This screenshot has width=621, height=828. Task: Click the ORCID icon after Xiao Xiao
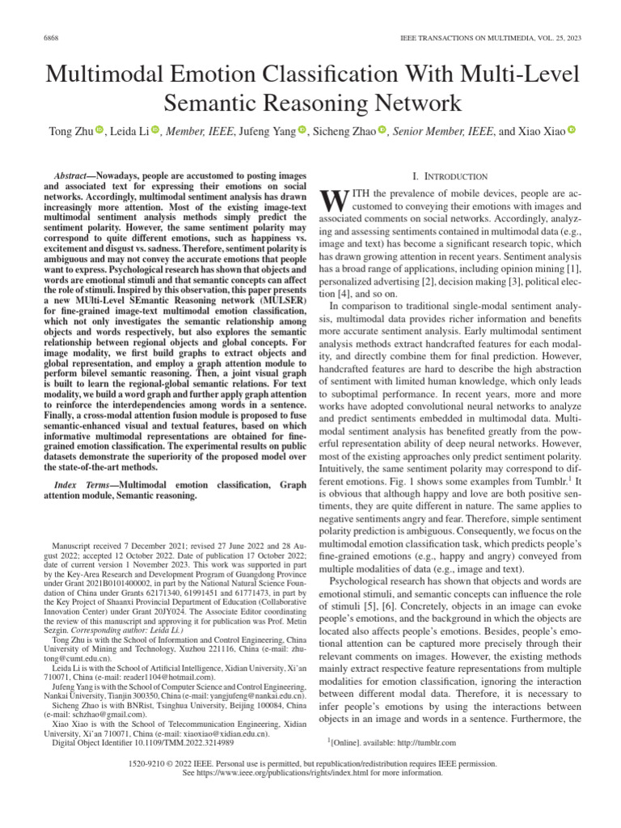(572, 131)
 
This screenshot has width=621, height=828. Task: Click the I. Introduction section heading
(450, 175)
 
